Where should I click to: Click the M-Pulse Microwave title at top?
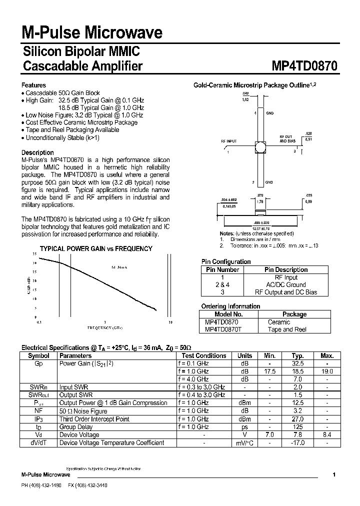[91, 33]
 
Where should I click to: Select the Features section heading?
[33, 85]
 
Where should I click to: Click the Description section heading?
[37, 152]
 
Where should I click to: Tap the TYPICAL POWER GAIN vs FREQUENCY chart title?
[96, 248]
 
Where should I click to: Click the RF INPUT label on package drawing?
[229, 141]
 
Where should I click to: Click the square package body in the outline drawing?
[260, 148]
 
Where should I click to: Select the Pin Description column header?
[286, 269]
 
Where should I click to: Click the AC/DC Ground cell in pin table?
[286, 284]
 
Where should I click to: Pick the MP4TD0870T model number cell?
[223, 329]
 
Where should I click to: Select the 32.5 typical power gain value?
[298, 363]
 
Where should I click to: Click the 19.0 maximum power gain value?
[326, 371]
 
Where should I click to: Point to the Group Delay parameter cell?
[75, 427]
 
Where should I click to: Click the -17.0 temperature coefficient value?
[298, 443]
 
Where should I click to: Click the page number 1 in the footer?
[333, 474]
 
